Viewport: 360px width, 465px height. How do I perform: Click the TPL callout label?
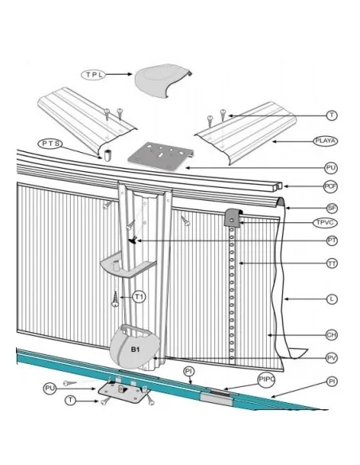[93, 73]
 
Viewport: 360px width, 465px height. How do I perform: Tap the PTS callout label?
[51, 143]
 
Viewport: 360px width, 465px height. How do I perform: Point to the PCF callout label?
[331, 186]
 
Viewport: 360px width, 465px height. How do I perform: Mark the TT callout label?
[331, 263]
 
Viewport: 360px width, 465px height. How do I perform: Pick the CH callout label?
[331, 334]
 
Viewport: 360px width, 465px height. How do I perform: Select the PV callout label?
[331, 358]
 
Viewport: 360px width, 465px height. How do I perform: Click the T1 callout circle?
[139, 297]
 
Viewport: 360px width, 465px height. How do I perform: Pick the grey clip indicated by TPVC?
[233, 216]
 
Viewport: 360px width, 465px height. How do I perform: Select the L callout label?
[331, 299]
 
